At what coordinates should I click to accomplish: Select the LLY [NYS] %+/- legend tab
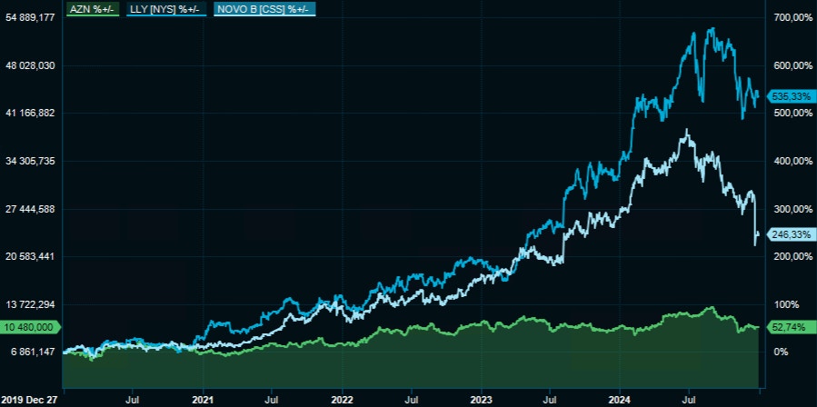click(165, 9)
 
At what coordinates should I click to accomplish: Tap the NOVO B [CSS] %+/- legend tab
click(264, 9)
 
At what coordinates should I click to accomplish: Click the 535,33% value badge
click(790, 95)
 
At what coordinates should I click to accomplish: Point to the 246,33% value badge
click(790, 234)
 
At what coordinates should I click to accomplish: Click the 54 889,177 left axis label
click(32, 17)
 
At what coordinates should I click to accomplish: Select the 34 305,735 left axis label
click(32, 161)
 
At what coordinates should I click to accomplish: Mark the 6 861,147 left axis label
click(32, 352)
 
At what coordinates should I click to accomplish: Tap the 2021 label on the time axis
click(204, 398)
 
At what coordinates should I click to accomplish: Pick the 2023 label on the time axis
click(481, 398)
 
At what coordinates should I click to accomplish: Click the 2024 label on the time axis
click(620, 398)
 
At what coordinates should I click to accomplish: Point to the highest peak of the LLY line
click(710, 28)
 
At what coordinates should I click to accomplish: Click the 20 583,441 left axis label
click(32, 256)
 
